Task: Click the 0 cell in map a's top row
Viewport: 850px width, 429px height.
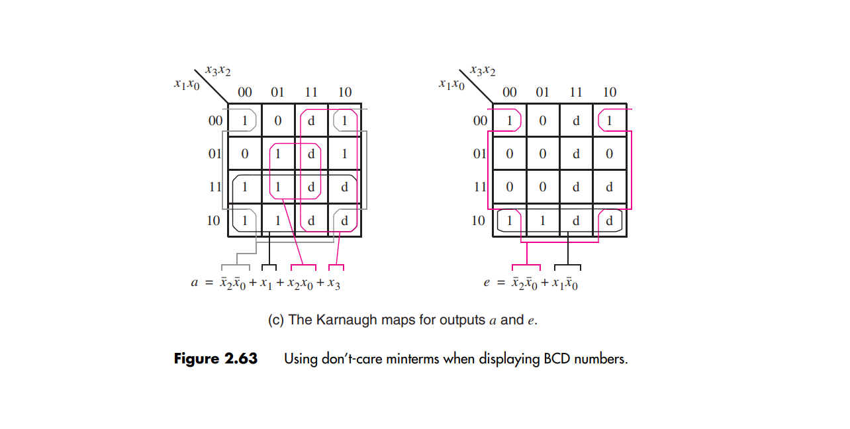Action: [x=278, y=121]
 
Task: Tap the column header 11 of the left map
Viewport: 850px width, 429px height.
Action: [x=311, y=93]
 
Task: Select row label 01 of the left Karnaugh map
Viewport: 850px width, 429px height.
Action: [x=214, y=154]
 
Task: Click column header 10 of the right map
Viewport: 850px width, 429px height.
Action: [x=609, y=93]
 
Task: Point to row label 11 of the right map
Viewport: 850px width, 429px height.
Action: [x=479, y=187]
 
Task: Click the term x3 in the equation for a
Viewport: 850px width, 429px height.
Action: [x=334, y=284]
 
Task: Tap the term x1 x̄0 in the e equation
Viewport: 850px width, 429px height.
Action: [x=563, y=284]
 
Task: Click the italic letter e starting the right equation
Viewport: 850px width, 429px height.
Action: [x=487, y=283]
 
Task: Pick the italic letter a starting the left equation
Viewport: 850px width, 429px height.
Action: [x=195, y=283]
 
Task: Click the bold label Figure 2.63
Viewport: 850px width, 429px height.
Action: [x=215, y=359]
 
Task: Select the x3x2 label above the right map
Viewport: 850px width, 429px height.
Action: [x=483, y=70]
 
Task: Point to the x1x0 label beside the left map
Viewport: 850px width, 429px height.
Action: [x=186, y=84]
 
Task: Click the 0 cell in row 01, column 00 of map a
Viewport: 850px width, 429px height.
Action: [x=245, y=154]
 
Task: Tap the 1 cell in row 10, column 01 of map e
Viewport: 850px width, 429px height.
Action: [x=543, y=220]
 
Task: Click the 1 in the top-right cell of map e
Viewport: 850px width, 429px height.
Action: [x=609, y=121]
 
